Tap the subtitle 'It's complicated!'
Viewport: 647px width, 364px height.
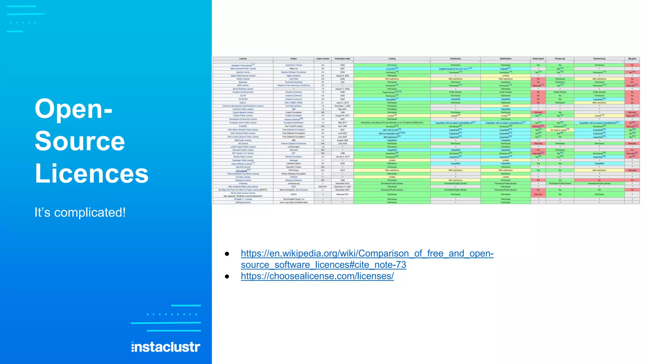[80, 212]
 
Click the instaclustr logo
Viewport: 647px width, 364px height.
[166, 347]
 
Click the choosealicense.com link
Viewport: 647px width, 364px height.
[317, 276]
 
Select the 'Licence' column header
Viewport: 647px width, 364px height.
[243, 59]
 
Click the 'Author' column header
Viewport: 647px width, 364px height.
[293, 59]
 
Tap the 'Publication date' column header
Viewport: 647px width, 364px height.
[342, 59]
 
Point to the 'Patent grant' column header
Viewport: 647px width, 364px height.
[538, 59]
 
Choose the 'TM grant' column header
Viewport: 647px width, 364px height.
[632, 59]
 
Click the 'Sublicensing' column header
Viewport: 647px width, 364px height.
[599, 59]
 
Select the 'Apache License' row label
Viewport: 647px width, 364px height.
[243, 72]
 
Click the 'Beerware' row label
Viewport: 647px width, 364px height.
[243, 82]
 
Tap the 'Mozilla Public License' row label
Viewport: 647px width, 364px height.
[243, 157]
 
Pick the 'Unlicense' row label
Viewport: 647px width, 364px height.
[243, 183]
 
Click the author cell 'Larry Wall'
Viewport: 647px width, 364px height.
[293, 79]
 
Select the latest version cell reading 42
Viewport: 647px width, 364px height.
[323, 82]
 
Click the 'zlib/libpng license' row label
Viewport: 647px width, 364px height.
[243, 202]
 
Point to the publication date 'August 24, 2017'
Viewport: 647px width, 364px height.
[342, 116]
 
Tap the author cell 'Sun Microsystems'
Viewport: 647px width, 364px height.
[293, 106]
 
